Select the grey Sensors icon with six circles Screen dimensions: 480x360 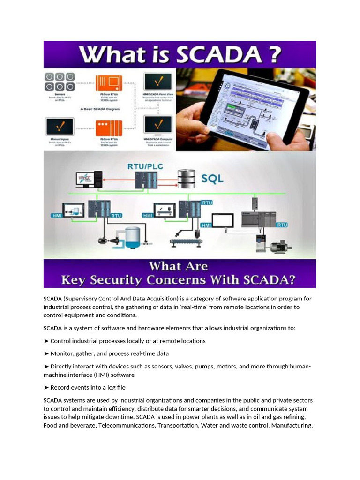pyautogui.click(x=59, y=82)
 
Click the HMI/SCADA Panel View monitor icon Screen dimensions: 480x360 pyautogui.click(x=157, y=82)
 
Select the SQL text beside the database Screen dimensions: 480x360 pyautogui.click(x=212, y=179)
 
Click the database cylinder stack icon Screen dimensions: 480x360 pyautogui.click(x=187, y=179)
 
